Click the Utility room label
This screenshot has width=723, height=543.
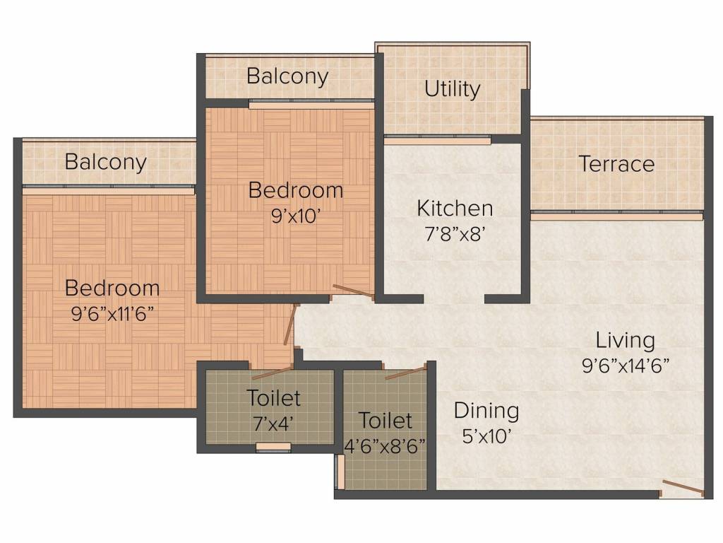coord(453,89)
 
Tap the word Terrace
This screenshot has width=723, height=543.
coord(616,164)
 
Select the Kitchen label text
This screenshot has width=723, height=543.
coord(455,209)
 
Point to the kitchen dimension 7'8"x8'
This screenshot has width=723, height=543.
coord(454,235)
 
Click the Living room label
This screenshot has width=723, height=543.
coord(626,341)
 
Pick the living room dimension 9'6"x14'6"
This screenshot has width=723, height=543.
coord(626,366)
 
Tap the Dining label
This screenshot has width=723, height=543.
coord(486,411)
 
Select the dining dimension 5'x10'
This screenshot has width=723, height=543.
coord(486,436)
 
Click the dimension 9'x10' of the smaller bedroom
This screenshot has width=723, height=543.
coord(296,216)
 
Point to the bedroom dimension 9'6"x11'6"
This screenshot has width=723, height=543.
coord(112,315)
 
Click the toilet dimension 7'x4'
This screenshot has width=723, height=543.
coord(273,424)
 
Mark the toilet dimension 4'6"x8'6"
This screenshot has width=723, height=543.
coord(385,447)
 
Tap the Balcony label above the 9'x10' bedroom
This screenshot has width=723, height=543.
coord(288,76)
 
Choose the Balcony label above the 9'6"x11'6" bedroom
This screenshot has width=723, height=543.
coord(106,162)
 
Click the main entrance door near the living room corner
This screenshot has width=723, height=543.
coord(683,489)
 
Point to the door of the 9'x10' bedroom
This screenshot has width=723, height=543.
coord(354,292)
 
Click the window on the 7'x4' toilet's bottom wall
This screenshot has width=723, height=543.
coord(273,447)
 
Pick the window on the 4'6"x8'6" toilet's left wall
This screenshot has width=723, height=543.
coord(340,472)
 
